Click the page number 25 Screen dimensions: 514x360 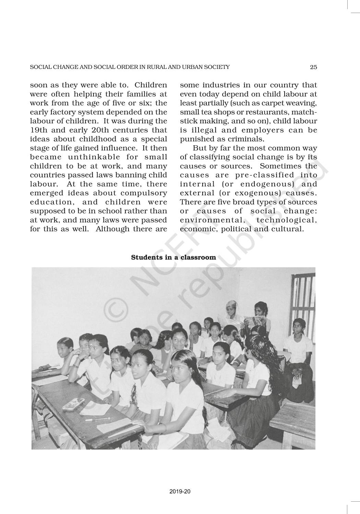pos(313,67)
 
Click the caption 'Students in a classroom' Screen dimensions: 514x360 pos(173,257)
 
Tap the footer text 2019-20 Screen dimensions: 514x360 pos(180,491)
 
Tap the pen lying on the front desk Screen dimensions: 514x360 pos(93,419)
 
